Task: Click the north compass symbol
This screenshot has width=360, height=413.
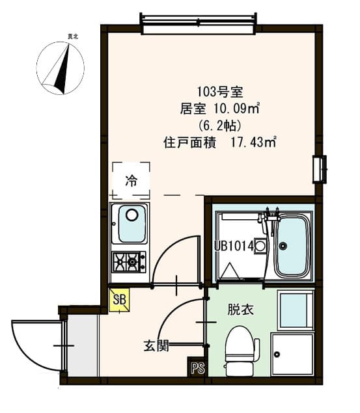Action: click(x=61, y=67)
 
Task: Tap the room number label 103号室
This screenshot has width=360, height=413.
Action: click(x=221, y=92)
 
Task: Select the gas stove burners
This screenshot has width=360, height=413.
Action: click(x=130, y=261)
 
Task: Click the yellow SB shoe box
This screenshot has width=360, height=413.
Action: click(x=120, y=300)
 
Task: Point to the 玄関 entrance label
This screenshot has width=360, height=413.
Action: click(x=156, y=345)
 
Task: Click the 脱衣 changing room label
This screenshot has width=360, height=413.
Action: click(x=237, y=310)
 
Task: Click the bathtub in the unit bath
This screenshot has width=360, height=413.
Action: click(x=291, y=246)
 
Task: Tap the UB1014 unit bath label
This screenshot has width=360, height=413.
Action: click(x=233, y=246)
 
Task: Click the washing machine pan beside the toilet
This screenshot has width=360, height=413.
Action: click(x=292, y=354)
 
